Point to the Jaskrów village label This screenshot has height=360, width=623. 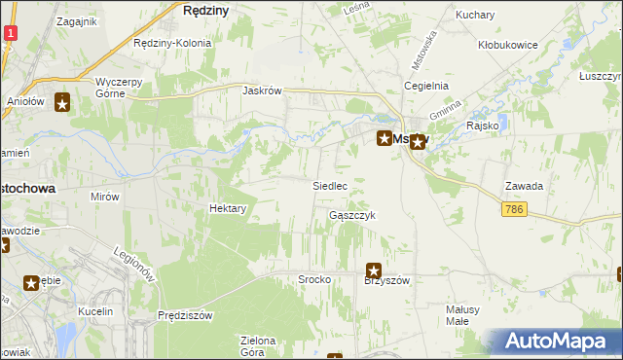click(x=262, y=90)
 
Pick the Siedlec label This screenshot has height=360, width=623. click(x=330, y=185)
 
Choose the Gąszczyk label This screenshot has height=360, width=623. click(x=352, y=215)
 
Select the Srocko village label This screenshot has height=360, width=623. click(x=314, y=279)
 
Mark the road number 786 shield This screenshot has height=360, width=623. click(x=516, y=209)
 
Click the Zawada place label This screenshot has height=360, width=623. click(x=524, y=185)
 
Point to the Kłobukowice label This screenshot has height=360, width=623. click(x=509, y=45)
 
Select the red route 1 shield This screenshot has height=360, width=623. click(x=10, y=33)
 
